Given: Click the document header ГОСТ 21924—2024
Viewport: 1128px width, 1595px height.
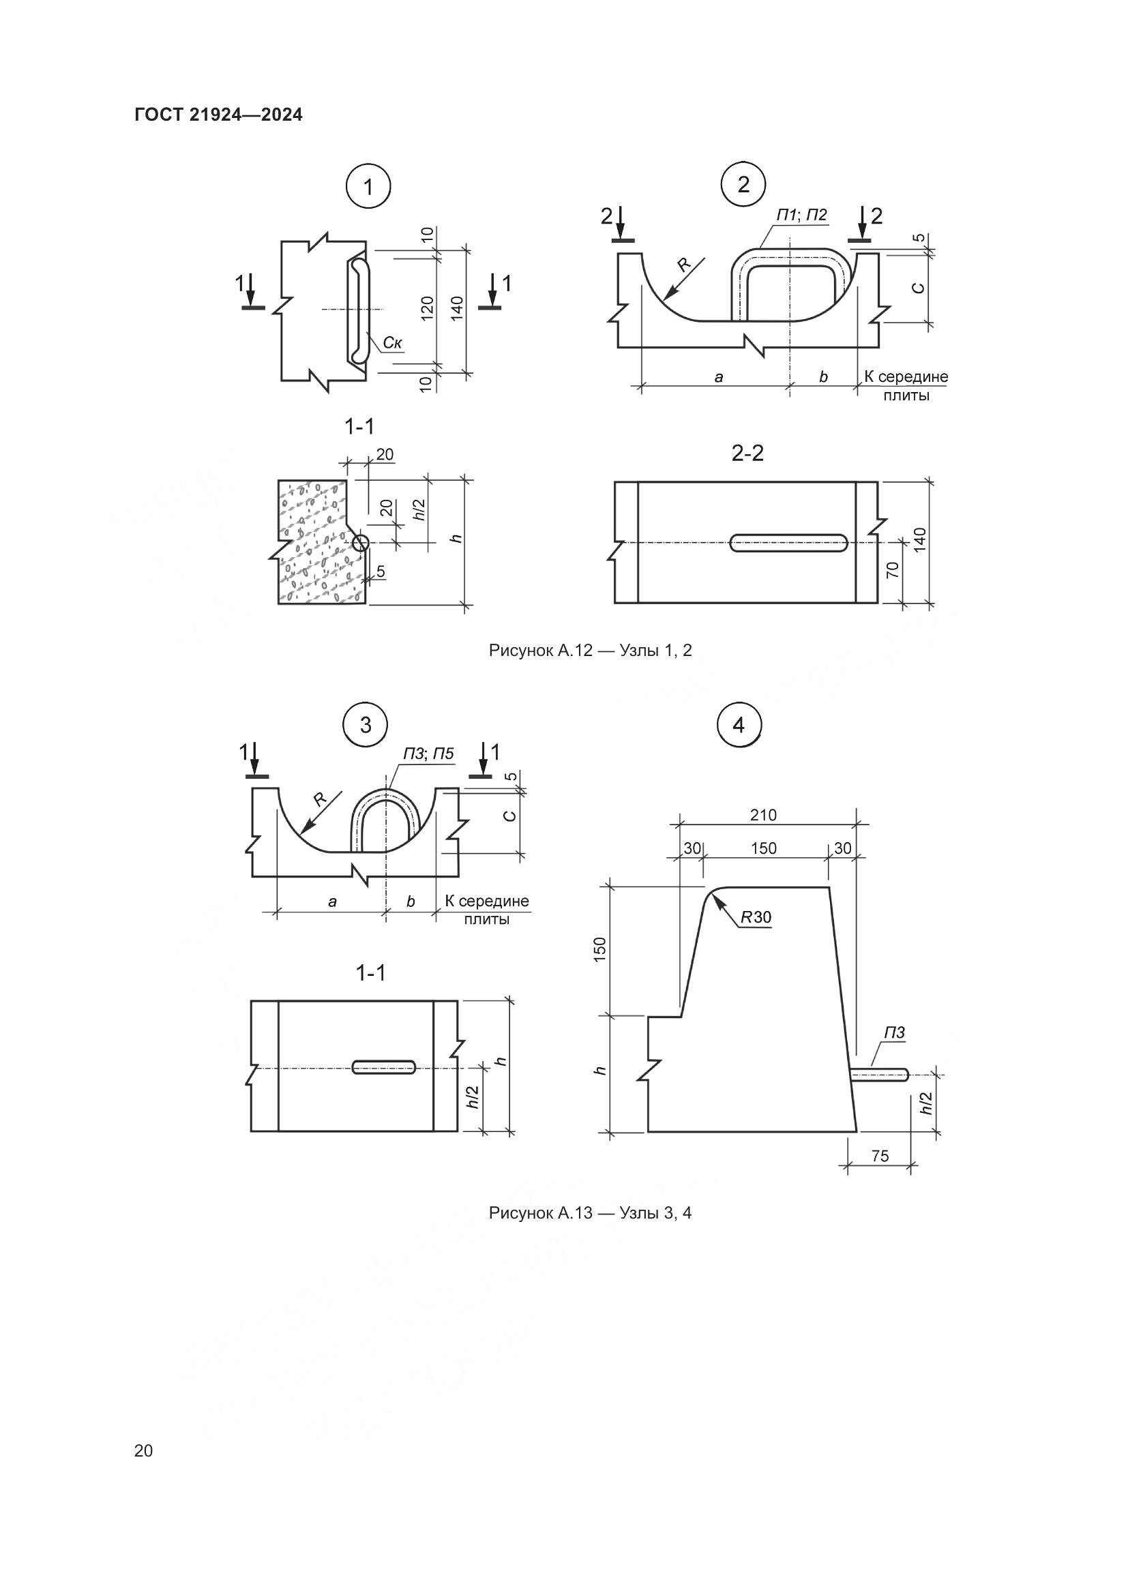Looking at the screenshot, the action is pyautogui.click(x=219, y=115).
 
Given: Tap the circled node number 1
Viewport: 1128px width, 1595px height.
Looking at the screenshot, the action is pyautogui.click(x=368, y=187).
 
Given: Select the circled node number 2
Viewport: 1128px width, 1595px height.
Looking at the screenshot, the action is pyautogui.click(x=743, y=185).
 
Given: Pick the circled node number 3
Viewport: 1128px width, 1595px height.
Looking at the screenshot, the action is pyautogui.click(x=366, y=726).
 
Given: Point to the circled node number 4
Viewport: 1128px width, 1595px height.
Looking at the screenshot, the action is pyautogui.click(x=739, y=726).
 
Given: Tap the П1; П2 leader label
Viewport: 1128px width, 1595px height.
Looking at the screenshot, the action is pyautogui.click(x=801, y=215).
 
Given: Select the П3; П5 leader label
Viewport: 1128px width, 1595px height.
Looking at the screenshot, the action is pyautogui.click(x=428, y=754).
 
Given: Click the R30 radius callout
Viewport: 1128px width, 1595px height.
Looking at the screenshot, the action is pyautogui.click(x=756, y=917).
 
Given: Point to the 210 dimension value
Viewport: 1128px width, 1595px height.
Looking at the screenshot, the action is pyautogui.click(x=762, y=815).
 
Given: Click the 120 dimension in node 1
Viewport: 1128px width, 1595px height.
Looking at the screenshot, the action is pyautogui.click(x=427, y=308).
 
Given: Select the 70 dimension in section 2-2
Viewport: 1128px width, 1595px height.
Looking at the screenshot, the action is pyautogui.click(x=893, y=569).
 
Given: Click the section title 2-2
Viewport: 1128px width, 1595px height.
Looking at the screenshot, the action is pyautogui.click(x=747, y=453).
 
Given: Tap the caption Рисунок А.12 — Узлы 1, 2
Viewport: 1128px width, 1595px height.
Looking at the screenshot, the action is pyautogui.click(x=591, y=651).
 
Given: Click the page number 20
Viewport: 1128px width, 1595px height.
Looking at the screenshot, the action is pyautogui.click(x=143, y=1450).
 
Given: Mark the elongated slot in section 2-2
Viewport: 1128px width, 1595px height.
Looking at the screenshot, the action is pyautogui.click(x=789, y=543).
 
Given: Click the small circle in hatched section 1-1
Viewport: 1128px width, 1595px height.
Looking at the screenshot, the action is pyautogui.click(x=360, y=543).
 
